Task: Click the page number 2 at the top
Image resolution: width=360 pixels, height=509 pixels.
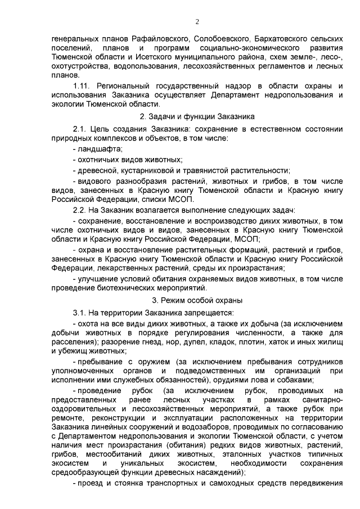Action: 197,22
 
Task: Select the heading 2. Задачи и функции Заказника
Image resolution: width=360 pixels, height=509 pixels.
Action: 197,116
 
